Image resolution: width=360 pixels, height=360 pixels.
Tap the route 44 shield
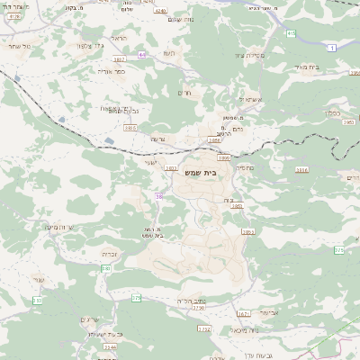[x=142, y=54]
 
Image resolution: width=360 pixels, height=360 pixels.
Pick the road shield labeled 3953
[x=248, y=232]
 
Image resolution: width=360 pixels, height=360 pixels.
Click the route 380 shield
[x=105, y=268]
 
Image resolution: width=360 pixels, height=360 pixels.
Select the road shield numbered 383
[x=171, y=167]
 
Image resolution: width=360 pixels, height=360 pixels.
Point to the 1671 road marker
[x=244, y=313]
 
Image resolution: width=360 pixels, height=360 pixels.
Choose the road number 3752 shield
[x=205, y=329]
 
